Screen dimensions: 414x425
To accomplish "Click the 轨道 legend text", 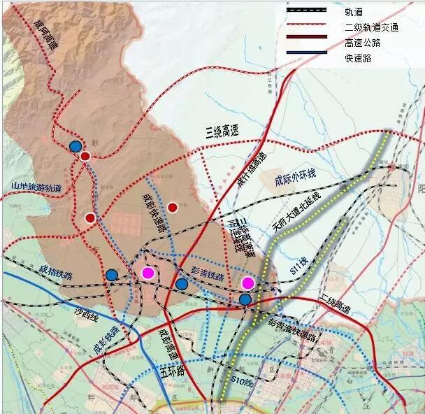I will point(353,12).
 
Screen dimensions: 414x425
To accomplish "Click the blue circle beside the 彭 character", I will point(75,146).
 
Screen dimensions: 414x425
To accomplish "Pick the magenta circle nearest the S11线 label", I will point(248,283).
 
